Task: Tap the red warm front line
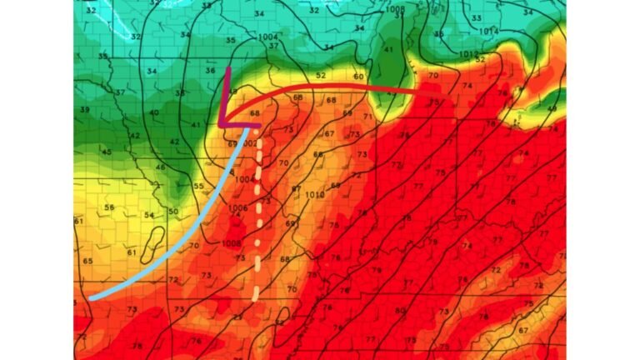point(333,87)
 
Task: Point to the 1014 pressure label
point(490,31)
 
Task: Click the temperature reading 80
point(402,312)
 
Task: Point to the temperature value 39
point(85,110)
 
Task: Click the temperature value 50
point(173,212)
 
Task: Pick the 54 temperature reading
point(149,216)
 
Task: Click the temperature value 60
point(358,77)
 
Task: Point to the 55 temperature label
point(198,186)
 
